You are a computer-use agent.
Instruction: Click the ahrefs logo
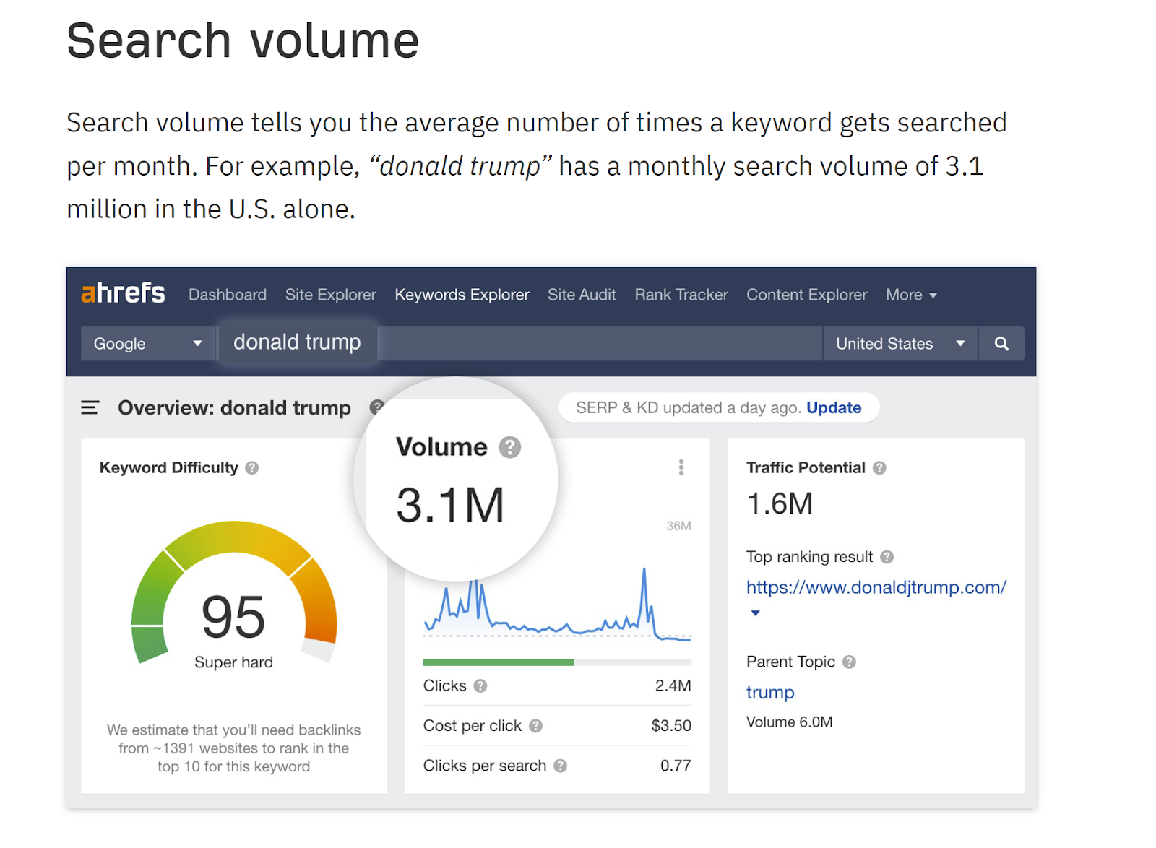(123, 293)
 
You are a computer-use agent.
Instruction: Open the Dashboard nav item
(228, 295)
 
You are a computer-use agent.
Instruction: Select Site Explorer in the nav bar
(330, 295)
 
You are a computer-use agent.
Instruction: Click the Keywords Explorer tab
(462, 295)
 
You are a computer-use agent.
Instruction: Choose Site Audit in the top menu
(582, 295)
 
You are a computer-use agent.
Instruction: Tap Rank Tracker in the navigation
(681, 295)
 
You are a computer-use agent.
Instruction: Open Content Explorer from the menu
(806, 295)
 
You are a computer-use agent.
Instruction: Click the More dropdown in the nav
(911, 295)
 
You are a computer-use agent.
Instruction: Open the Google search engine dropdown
(147, 344)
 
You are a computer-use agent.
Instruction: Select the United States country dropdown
(900, 344)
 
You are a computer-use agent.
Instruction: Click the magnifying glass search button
(1001, 344)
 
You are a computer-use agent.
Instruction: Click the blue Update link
(834, 408)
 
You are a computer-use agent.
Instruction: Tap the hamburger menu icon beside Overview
(90, 408)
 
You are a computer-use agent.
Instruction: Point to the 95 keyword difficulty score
(233, 618)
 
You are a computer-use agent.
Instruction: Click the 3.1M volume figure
(450, 505)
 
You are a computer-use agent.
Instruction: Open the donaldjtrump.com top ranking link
(876, 587)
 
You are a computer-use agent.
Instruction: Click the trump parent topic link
(770, 693)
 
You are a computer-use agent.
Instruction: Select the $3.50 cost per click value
(671, 726)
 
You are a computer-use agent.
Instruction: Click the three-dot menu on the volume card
(681, 467)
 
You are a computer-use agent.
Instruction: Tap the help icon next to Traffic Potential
(879, 468)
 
